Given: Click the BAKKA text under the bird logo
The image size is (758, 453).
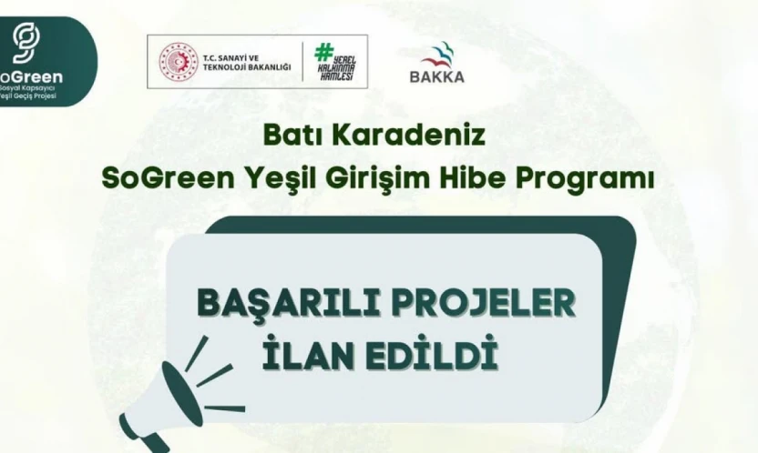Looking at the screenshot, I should click(438, 76).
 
